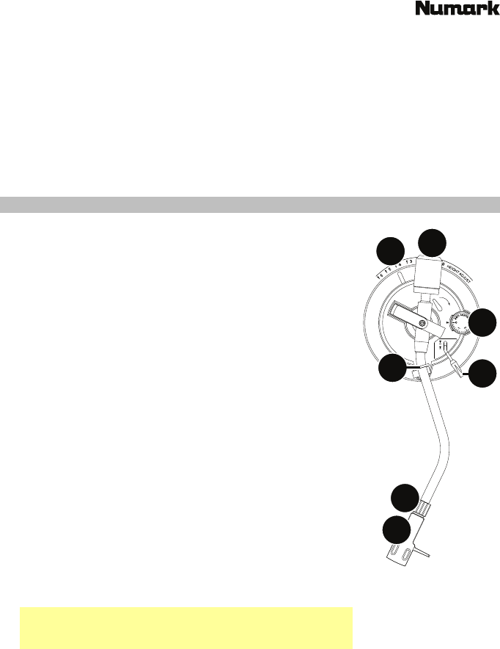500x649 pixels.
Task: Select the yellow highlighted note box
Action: coord(186,628)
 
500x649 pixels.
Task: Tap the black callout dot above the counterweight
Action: coord(433,244)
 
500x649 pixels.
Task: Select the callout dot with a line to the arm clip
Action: coord(393,369)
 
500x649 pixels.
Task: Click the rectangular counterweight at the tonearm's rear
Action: coord(430,275)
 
